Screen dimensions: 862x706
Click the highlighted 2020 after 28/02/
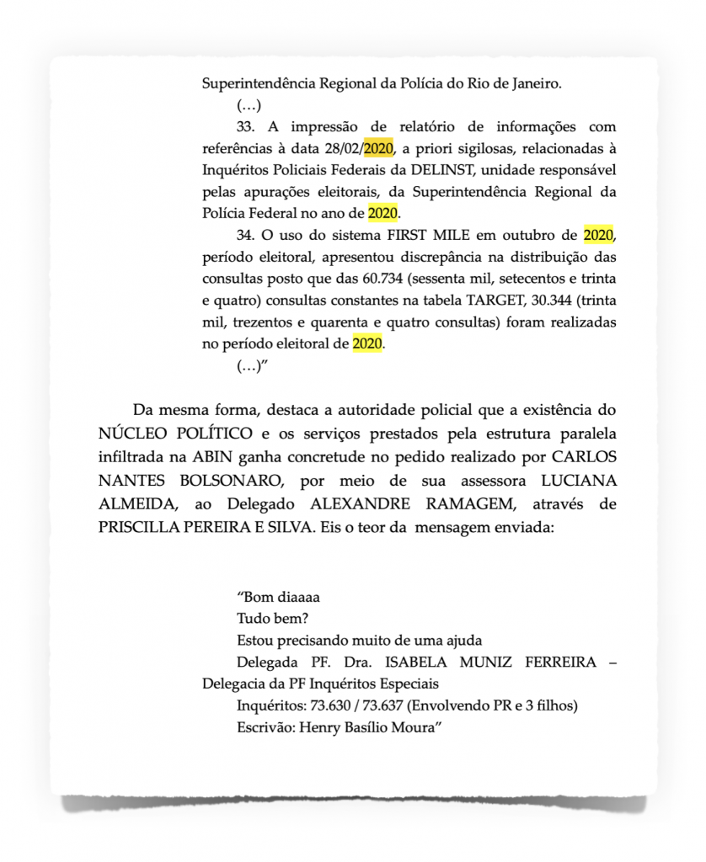[378, 149]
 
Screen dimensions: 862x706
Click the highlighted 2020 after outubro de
[597, 235]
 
